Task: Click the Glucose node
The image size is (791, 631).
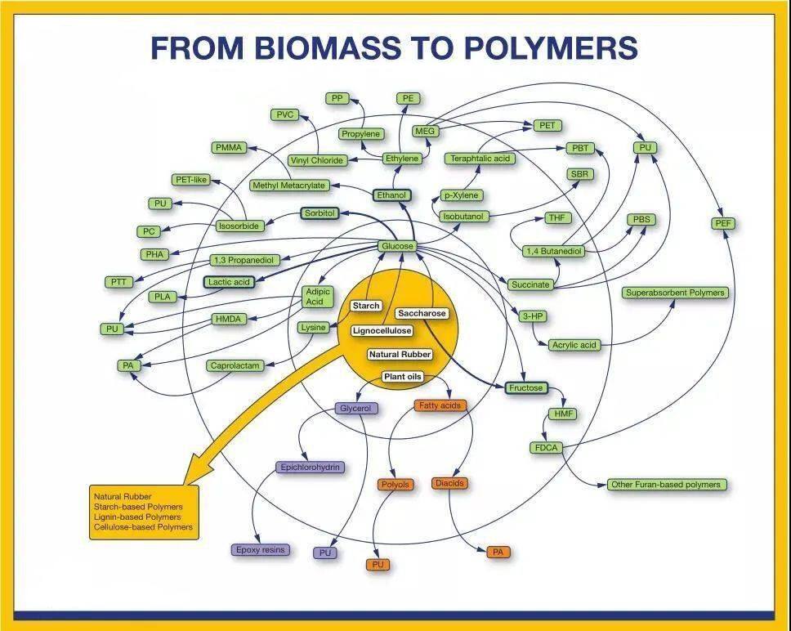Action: pos(397,246)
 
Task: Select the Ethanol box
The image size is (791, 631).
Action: pos(391,195)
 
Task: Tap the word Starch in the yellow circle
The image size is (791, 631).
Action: pos(366,306)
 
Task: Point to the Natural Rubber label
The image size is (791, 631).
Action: pos(400,355)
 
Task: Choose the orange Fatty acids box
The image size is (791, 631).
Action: pos(440,405)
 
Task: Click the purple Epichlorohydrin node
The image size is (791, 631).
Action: pos(310,468)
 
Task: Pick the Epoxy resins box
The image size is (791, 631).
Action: pos(261,550)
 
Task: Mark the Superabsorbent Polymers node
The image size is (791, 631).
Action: pos(675,293)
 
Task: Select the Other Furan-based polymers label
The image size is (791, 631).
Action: pos(666,485)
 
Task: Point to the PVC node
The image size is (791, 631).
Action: pos(284,115)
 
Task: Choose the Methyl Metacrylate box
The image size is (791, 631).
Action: pos(288,186)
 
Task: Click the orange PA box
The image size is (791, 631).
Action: pos(498,553)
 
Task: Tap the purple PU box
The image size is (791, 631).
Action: pos(325,553)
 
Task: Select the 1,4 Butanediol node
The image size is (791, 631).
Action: pos(554,251)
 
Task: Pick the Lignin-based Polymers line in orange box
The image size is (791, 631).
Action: pos(137,517)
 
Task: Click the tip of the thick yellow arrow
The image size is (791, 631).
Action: pos(186,482)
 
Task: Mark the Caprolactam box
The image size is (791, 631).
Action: pos(235,366)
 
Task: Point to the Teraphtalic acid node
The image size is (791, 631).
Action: pos(482,159)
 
